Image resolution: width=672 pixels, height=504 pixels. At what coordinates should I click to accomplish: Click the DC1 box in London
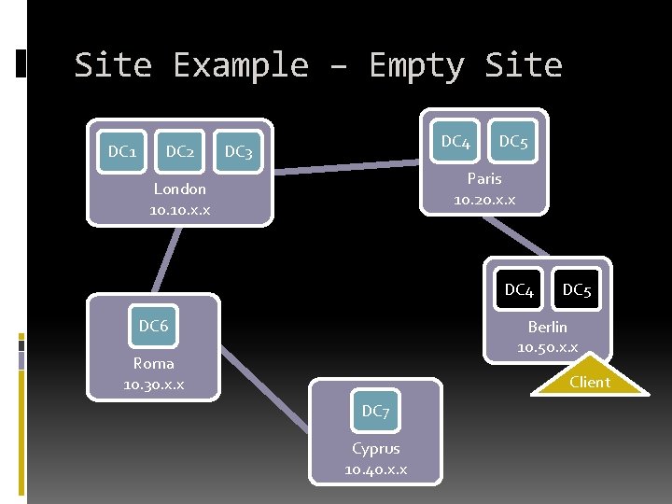pos(122,151)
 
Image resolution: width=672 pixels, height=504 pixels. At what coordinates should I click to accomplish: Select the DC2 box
pos(180,151)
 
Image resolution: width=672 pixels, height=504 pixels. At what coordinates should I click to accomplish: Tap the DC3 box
pos(238,151)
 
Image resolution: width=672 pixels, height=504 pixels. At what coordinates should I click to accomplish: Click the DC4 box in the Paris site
pos(455,142)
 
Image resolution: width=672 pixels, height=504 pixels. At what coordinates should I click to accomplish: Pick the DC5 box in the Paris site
pos(513,142)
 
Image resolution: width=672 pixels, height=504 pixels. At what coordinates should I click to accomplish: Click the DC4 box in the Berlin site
pos(519,290)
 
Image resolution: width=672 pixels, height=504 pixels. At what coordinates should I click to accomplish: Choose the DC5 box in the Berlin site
pos(577,290)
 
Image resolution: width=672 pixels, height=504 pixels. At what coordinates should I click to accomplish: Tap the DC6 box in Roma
pos(154,326)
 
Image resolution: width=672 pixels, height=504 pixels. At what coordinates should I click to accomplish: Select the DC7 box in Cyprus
pos(375,411)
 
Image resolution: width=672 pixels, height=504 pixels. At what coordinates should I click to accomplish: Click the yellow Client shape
pos(590,381)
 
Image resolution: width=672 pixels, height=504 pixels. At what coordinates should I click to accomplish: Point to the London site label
pos(180,189)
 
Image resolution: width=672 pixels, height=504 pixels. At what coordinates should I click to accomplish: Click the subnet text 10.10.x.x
pos(180,210)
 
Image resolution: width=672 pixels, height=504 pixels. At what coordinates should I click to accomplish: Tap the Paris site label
pos(484,178)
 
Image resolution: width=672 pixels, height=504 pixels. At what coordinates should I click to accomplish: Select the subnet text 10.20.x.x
pos(484,200)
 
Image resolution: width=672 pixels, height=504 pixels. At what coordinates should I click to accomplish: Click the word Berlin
pos(547,327)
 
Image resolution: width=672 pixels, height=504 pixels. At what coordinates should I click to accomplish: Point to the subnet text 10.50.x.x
pos(547,347)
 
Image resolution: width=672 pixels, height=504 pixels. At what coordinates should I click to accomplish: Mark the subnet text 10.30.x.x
pos(154,385)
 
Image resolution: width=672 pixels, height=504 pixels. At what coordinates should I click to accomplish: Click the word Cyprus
pos(375,448)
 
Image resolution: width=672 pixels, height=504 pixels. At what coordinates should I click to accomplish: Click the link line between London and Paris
pos(345,166)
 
